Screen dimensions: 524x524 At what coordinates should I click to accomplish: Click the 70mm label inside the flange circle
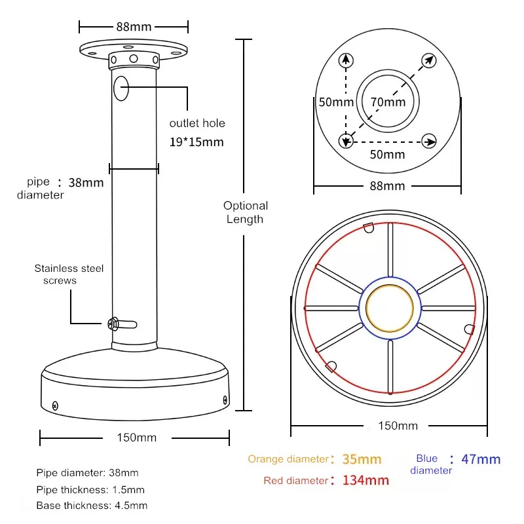(388, 102)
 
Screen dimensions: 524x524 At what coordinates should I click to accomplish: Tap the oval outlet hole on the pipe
(121, 89)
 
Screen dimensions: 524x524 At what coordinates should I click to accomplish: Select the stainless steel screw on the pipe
(113, 322)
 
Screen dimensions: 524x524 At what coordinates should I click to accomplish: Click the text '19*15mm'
(196, 142)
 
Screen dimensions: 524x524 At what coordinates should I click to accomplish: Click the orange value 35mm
(362, 459)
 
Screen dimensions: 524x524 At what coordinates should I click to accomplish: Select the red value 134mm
(365, 481)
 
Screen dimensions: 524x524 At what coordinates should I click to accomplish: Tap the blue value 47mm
(481, 459)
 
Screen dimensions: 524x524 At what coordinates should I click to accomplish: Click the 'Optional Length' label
(245, 212)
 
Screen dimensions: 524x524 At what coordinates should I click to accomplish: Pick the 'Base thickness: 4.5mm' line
(92, 506)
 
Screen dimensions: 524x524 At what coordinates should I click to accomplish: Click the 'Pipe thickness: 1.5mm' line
(90, 489)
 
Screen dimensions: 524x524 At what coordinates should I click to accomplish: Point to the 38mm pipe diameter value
(86, 183)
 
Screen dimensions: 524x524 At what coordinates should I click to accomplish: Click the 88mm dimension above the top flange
(134, 27)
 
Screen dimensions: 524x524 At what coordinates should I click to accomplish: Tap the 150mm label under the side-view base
(137, 437)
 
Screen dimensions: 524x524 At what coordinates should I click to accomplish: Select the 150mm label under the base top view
(398, 426)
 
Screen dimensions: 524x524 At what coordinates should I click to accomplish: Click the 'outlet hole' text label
(197, 123)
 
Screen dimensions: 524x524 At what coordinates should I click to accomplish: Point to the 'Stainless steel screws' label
(69, 274)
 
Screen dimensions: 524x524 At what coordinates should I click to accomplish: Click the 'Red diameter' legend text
(295, 481)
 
